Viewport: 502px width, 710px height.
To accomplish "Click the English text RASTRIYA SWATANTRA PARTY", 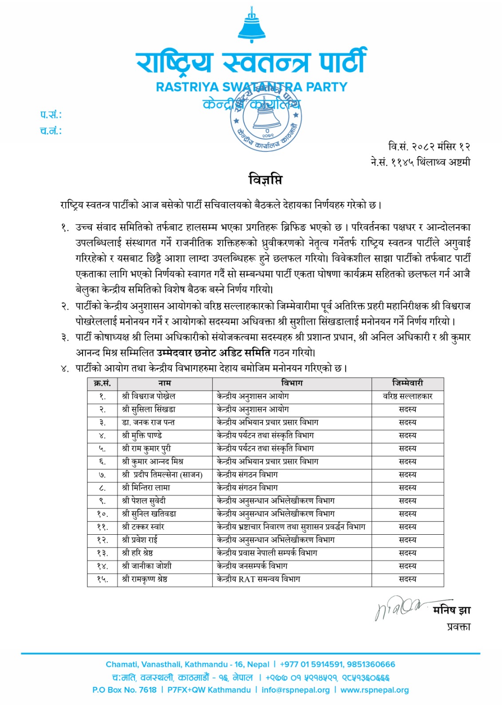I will [251, 87].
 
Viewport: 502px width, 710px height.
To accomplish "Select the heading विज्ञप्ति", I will [265, 180].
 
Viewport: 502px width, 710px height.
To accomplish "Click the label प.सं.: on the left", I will [51, 115].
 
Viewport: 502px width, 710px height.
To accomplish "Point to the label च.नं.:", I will [51, 131].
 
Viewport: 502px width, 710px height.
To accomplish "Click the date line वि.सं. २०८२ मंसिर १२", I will [429, 146].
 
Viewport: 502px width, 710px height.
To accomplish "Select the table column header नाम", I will [164, 383].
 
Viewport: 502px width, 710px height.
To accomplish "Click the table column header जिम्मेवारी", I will [407, 383].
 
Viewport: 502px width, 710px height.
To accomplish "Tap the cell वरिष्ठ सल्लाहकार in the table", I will [407, 396].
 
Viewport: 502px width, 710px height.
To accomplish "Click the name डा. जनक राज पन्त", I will [148, 422].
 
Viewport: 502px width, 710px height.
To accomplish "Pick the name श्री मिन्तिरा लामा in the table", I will [146, 488].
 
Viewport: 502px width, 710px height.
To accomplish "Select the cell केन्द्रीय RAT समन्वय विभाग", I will [258, 579].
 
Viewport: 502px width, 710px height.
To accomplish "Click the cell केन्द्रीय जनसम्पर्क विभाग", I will [252, 566].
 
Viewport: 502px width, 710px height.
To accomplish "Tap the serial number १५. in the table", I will [102, 579].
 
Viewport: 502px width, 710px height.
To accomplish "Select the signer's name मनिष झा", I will [451, 611].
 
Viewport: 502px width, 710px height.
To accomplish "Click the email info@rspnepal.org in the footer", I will [296, 690].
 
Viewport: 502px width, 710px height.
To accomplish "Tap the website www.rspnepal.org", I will [375, 690].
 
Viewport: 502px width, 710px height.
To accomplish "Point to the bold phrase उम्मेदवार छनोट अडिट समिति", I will [213, 353].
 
